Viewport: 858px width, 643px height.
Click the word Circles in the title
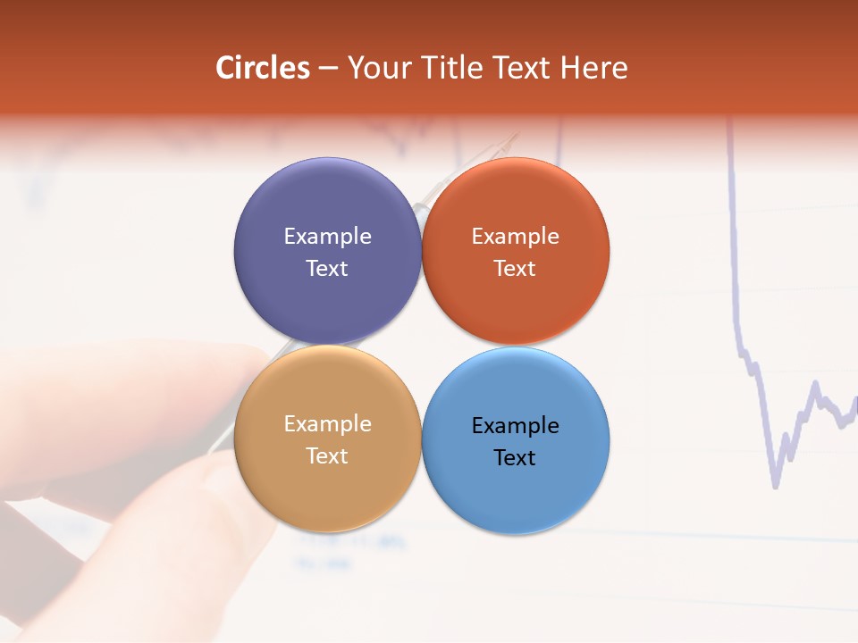[x=263, y=68]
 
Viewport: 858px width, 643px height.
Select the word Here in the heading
[x=594, y=68]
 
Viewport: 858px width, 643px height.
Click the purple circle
[x=327, y=251]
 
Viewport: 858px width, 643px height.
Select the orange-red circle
[x=515, y=251]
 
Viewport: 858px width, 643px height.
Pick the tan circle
[x=327, y=438]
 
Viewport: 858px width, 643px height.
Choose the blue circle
[x=515, y=440]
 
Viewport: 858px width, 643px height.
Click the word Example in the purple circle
[x=327, y=236]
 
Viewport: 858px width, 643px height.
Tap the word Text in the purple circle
[x=327, y=268]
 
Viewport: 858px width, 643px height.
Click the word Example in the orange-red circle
[x=515, y=236]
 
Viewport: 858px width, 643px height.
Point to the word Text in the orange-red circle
[x=515, y=268]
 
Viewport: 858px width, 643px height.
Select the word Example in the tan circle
[x=327, y=423]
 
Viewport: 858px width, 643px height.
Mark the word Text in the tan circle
[x=327, y=455]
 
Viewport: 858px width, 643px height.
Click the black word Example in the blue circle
[x=515, y=425]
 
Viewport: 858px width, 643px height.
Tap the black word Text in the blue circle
[x=515, y=457]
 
